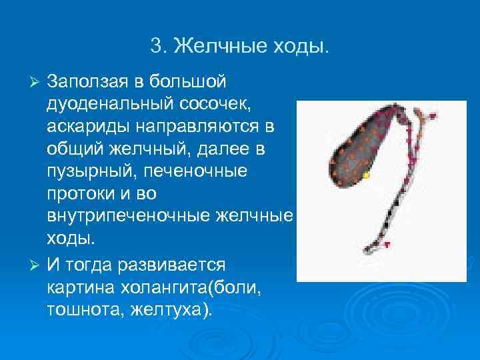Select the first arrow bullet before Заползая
37,81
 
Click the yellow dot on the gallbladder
366,175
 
